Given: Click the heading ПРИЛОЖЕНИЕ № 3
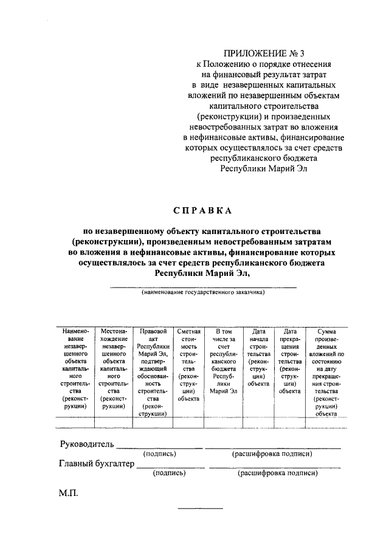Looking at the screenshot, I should coord(260,52).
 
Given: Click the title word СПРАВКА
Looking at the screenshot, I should coord(202,211).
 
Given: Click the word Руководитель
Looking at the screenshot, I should coord(86,444).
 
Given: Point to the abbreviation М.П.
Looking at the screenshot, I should coord(69,495).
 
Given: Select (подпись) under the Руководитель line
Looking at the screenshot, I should coord(160,454).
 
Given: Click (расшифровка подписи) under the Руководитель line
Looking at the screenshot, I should coord(272,454).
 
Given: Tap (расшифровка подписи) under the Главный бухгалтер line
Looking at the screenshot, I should coord(277,473).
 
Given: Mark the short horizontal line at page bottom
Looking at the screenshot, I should coord(200,507).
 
